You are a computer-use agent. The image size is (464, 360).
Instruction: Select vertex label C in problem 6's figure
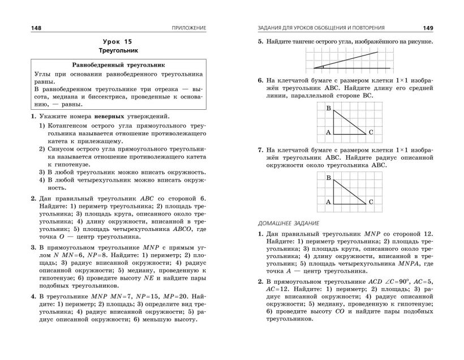(371, 132)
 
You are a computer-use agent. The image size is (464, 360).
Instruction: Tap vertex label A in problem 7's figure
(328, 202)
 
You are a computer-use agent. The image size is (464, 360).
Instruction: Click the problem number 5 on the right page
(260, 42)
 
